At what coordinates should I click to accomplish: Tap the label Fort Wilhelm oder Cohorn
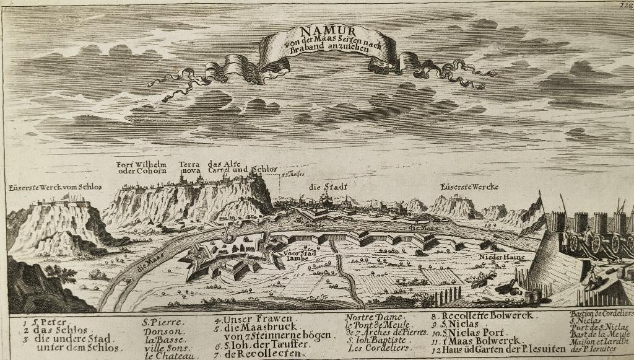[142, 167]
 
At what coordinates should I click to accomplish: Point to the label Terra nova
[189, 167]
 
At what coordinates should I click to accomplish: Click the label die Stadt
[328, 186]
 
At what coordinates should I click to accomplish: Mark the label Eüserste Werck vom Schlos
[55, 187]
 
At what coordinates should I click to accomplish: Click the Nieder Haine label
[501, 256]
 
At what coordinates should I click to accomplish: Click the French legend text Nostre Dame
[373, 318]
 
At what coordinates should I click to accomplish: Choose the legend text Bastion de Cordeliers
[601, 313]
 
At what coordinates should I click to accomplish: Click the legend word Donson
[162, 331]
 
